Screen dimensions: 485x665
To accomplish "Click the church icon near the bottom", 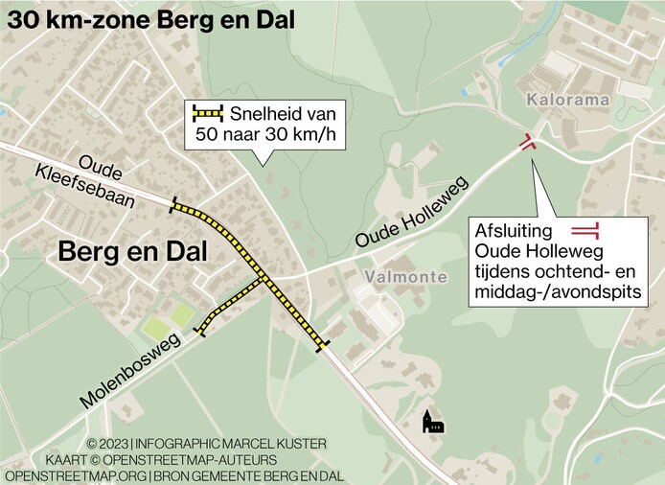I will [433, 422].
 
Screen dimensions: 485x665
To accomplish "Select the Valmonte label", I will [405, 277].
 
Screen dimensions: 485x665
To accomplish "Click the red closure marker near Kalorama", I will [526, 143].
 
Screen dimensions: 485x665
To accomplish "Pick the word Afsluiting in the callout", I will [513, 231].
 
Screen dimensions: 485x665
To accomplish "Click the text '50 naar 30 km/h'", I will [265, 134].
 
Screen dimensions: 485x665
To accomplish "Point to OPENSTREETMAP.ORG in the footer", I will [76, 475].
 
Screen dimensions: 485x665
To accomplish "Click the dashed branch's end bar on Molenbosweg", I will [201, 332].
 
